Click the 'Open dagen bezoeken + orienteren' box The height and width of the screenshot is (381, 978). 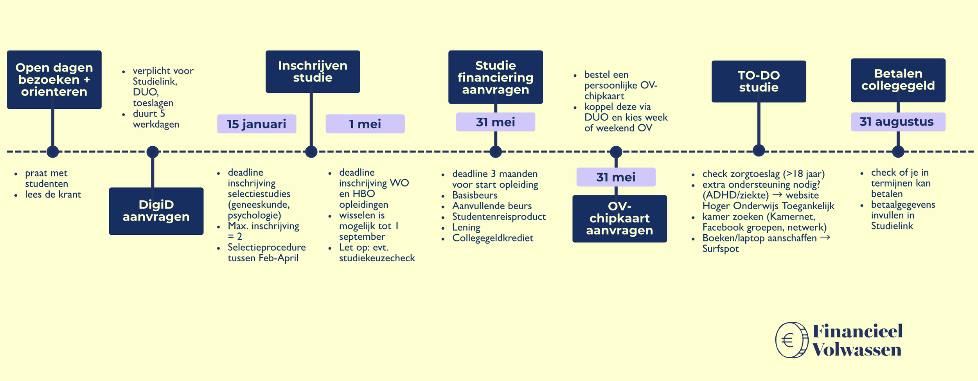54,79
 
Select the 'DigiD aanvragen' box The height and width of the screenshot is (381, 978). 156,211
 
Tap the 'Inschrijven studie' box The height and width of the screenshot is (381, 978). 313,72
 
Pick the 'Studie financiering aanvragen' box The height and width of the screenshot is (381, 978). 495,77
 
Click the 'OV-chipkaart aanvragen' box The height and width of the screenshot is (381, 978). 619,219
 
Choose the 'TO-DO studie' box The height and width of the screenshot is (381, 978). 759,81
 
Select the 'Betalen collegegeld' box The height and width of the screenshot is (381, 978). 898,80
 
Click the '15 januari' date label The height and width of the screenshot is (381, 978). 257,124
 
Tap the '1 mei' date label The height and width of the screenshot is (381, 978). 365,124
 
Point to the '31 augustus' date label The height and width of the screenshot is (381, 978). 898,122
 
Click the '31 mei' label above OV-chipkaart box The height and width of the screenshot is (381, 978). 616,177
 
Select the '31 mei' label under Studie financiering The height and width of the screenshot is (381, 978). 495,122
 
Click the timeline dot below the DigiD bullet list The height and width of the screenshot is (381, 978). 153,152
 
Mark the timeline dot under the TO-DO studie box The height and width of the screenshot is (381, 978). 759,151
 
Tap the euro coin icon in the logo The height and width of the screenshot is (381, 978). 791,340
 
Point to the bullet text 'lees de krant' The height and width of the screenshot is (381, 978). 53,194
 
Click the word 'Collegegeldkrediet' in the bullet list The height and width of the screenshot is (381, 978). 493,238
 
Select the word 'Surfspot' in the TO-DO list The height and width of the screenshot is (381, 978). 720,249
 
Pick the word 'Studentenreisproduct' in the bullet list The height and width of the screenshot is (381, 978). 499,217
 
